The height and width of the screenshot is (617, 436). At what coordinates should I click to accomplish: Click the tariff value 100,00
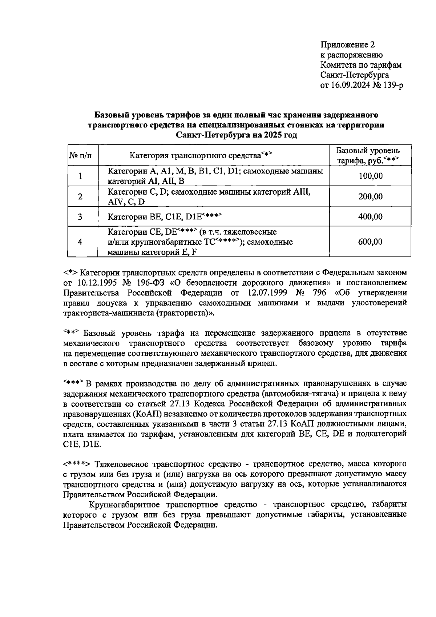point(370,176)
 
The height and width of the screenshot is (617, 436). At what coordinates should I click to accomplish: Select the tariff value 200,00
point(370,197)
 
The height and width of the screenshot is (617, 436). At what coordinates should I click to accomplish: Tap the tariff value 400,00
point(370,217)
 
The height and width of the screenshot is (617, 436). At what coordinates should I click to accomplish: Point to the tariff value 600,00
point(370,242)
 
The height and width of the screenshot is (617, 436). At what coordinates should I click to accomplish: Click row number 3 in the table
point(80,217)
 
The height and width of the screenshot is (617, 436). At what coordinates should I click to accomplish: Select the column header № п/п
point(80,156)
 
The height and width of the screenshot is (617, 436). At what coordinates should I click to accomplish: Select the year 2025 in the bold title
point(274,135)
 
